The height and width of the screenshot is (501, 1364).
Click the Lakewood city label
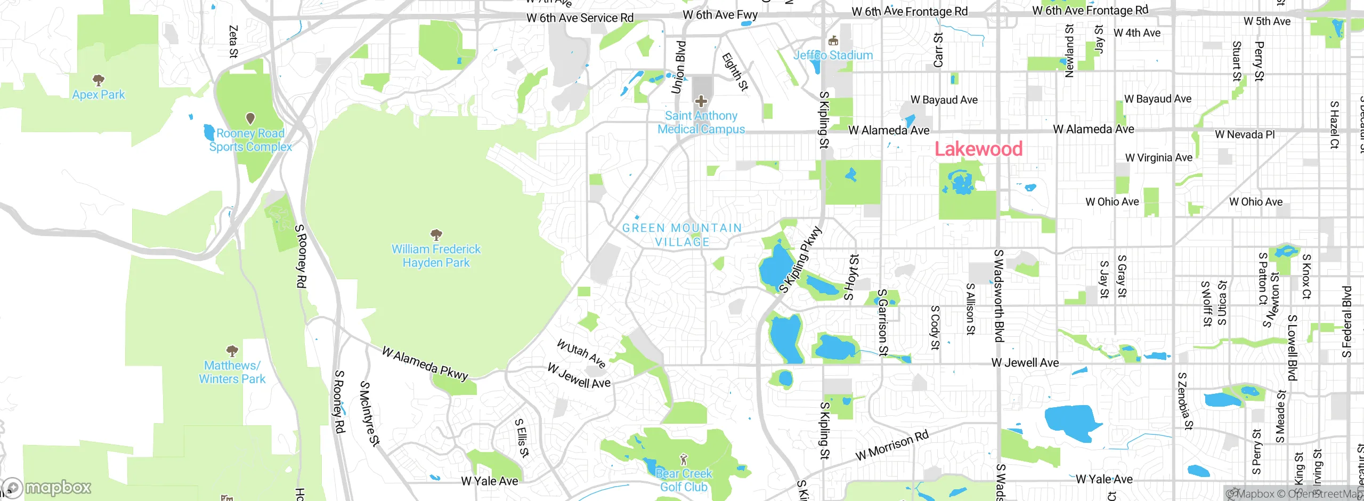coord(978,149)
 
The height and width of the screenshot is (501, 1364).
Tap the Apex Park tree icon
coord(98,80)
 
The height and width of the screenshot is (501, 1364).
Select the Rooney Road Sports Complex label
coord(250,140)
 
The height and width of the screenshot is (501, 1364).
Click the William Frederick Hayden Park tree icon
coord(436,235)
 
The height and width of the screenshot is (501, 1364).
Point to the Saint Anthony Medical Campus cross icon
coord(701,101)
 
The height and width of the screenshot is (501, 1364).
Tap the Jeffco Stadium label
coord(833,55)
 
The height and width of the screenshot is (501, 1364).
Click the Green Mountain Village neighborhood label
coord(682,235)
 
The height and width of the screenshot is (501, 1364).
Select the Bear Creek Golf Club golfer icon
coord(684,459)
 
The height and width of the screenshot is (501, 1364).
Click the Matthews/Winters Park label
coord(232,372)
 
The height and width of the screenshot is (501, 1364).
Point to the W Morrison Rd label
coord(892,446)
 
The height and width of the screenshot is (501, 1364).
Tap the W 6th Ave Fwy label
coord(720,15)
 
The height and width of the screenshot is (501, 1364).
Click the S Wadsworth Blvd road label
coord(998,296)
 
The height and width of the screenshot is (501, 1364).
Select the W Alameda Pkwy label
coord(425,363)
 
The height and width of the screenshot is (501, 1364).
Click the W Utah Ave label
coord(581,354)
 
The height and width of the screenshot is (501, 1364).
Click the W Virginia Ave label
coord(1158,158)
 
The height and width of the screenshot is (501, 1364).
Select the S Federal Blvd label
coord(1347,322)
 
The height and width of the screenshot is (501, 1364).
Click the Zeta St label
coord(233,41)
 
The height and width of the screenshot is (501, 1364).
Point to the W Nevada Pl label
coord(1245,134)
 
